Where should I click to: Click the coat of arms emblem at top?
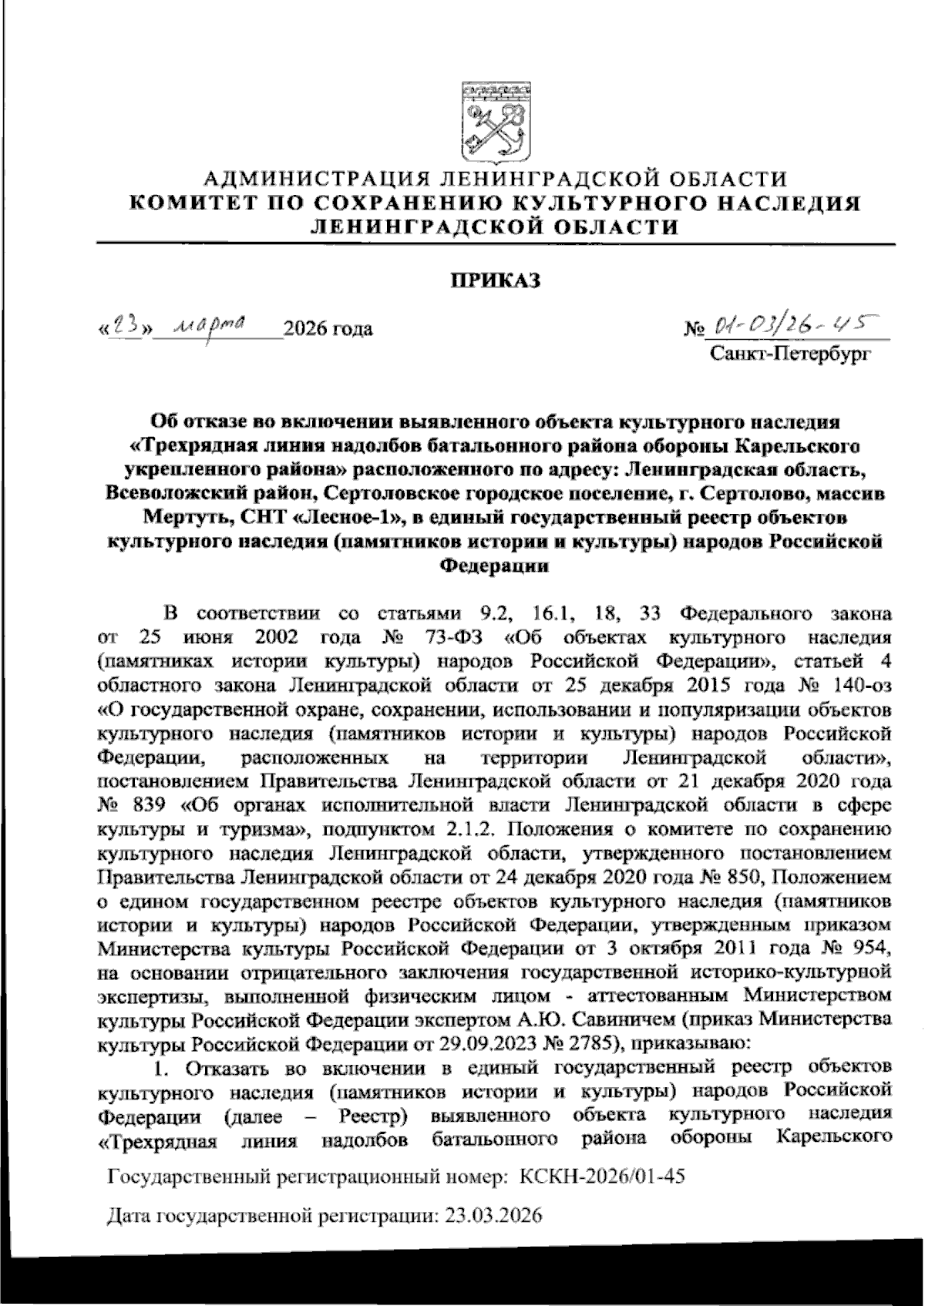click(x=494, y=119)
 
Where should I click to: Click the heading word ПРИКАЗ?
click(x=495, y=280)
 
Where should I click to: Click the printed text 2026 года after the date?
click(x=328, y=330)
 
